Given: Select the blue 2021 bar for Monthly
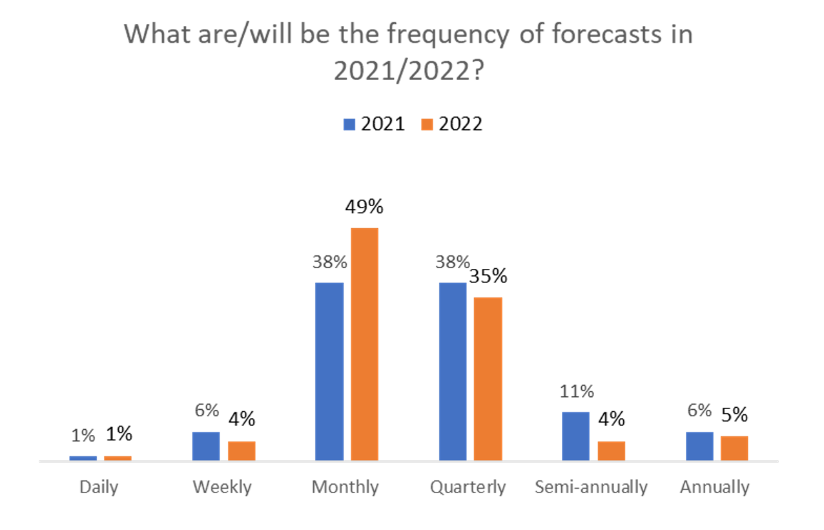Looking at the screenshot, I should click(x=329, y=371).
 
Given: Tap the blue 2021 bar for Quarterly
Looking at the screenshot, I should click(x=452, y=371).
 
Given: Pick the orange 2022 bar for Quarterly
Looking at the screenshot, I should click(x=488, y=378).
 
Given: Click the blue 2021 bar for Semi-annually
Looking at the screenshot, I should click(x=575, y=436).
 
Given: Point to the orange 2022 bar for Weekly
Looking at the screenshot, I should click(x=242, y=450).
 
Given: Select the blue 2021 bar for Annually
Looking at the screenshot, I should click(x=699, y=446).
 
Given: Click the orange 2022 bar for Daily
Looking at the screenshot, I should click(x=118, y=458).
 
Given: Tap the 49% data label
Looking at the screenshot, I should click(x=364, y=207).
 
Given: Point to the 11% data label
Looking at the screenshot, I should click(x=577, y=391).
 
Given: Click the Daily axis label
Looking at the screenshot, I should click(x=99, y=487).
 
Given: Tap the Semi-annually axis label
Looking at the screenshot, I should click(x=591, y=487).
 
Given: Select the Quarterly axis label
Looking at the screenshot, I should click(x=468, y=487).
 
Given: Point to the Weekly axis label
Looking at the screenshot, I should click(x=222, y=487).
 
